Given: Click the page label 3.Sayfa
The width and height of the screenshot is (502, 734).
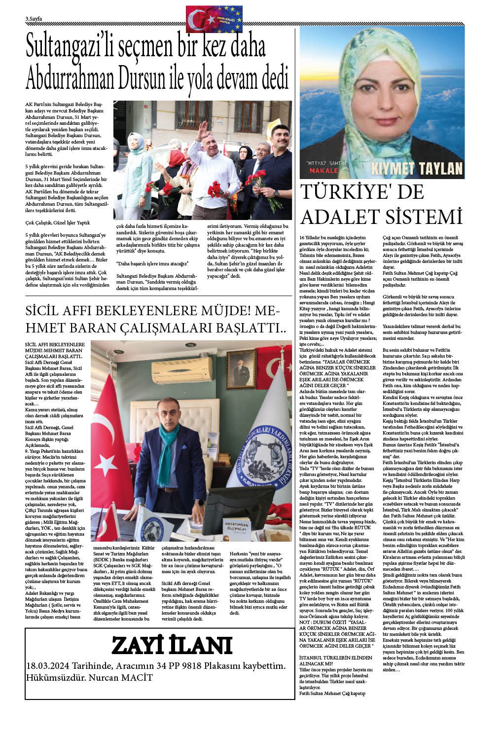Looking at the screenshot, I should pos(34,19).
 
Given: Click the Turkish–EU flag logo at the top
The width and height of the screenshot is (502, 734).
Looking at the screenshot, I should pos(214,19).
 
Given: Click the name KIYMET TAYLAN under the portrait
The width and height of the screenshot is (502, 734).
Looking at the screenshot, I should pos(417,169).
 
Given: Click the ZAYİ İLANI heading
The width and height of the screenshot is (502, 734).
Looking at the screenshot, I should pos(172,646).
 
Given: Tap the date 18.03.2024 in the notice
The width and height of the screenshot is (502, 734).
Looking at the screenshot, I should pos(50,666).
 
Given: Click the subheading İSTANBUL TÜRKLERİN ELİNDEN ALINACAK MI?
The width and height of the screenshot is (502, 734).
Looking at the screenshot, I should pos(335,661).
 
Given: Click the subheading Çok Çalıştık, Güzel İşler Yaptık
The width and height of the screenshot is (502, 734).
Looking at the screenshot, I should pos(57,222).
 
